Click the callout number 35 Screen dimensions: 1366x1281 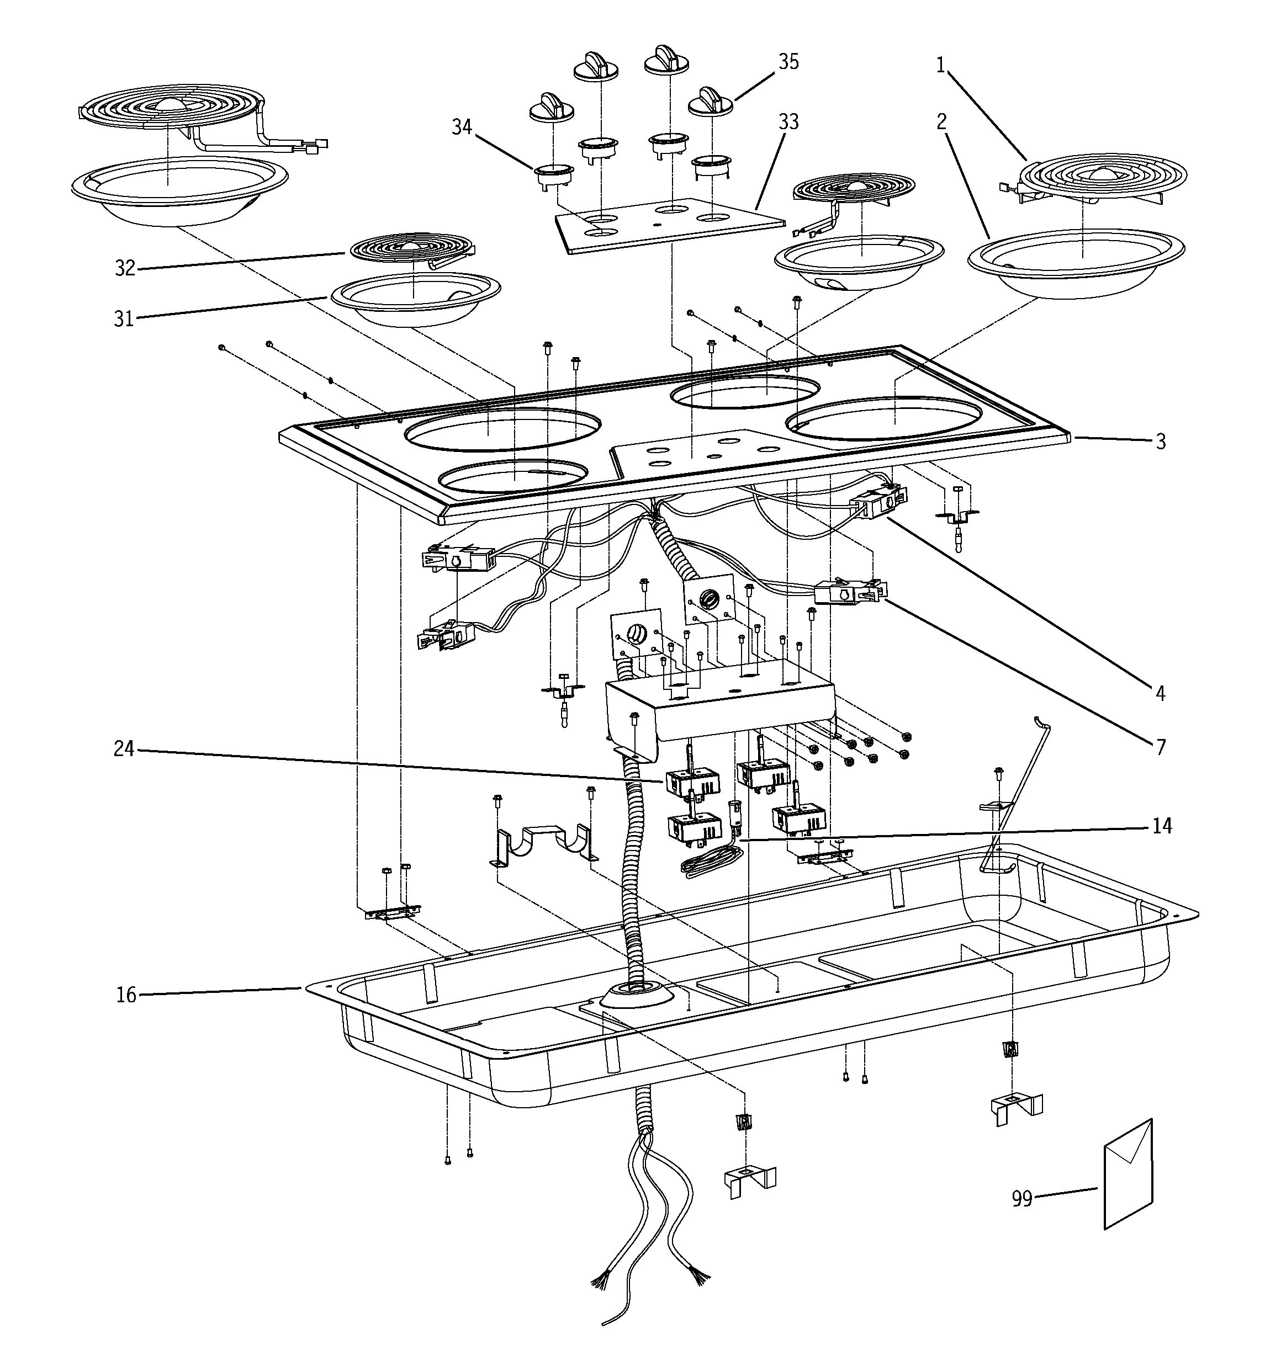[x=788, y=62]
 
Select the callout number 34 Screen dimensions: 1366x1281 [x=462, y=126]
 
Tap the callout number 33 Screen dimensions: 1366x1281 [x=788, y=121]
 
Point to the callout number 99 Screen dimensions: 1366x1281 [x=1022, y=1199]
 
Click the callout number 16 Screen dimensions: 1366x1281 [x=126, y=995]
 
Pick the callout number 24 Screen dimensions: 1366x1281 [x=124, y=748]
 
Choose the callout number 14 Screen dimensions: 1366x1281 [x=1161, y=825]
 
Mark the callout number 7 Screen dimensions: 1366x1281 [x=1161, y=746]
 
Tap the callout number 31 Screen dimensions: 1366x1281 [x=124, y=319]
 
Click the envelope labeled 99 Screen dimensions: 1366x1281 [x=1128, y=1175]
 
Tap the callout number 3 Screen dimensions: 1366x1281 [x=1161, y=442]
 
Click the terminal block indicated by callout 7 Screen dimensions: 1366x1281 [x=849, y=592]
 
